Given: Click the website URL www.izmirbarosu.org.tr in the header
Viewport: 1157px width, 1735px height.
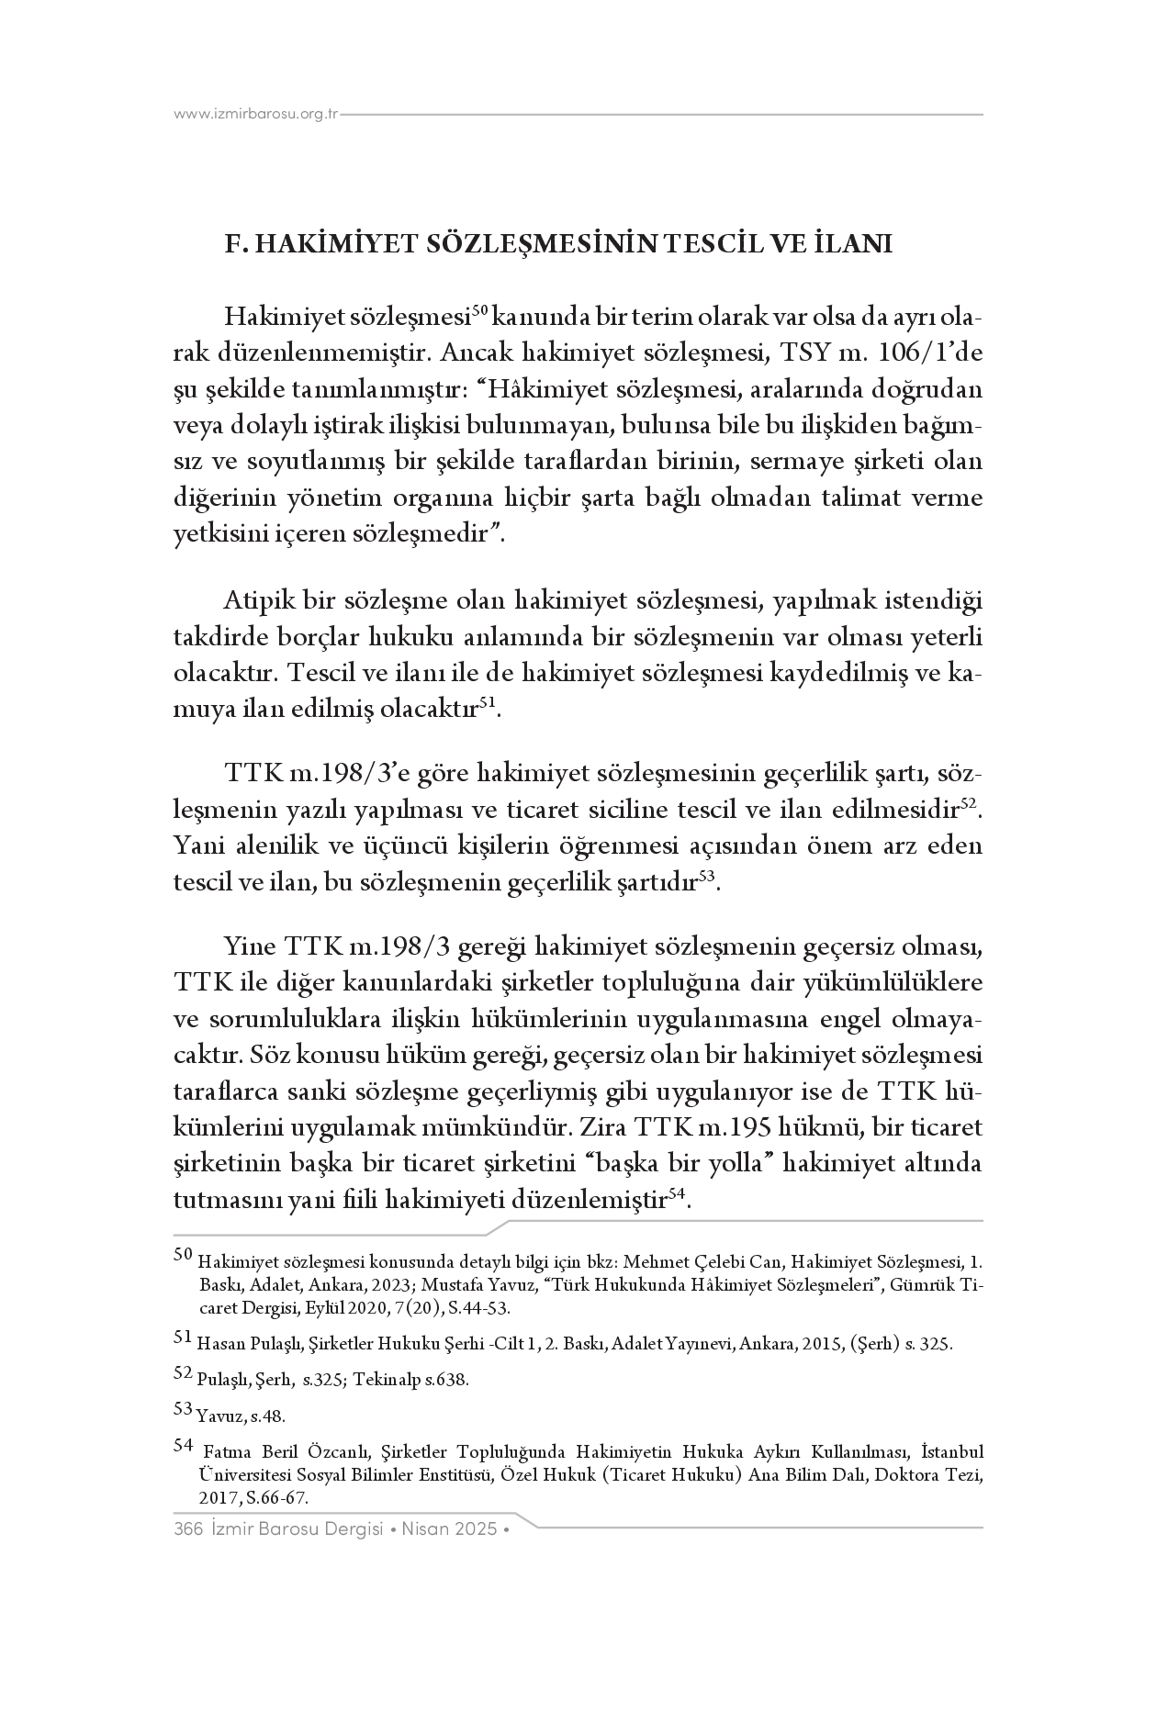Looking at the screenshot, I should pyautogui.click(x=256, y=115).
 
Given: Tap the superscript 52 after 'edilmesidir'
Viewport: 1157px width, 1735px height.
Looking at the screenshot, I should pyautogui.click(x=972, y=803).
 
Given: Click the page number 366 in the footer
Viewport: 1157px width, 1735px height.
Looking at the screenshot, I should pyautogui.click(x=187, y=1529).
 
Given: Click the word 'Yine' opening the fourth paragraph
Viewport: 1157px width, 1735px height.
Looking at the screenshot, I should pyautogui.click(x=250, y=946).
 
